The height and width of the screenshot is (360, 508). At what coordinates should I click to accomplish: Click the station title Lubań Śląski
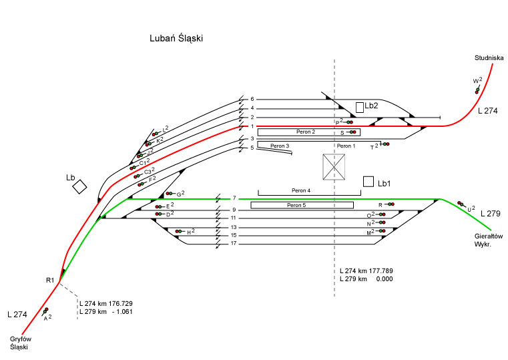[x=176, y=39]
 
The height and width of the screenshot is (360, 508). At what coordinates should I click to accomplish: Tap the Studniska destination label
[x=488, y=58]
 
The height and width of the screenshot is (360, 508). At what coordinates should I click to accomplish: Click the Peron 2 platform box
[x=308, y=132]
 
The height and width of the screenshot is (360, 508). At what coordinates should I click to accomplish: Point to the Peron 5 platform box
[x=302, y=205]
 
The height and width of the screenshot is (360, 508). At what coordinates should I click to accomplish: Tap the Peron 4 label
[x=300, y=190]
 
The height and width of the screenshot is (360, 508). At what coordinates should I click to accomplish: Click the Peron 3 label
[x=279, y=146]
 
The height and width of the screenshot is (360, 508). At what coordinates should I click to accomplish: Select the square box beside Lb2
[x=359, y=107]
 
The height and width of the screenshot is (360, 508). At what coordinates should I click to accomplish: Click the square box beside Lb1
[x=368, y=181]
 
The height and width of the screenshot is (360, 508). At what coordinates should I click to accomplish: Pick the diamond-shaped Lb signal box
[x=79, y=186]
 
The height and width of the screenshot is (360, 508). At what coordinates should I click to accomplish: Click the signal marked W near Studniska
[x=477, y=89]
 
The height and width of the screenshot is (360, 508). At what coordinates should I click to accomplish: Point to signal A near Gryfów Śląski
[x=45, y=311]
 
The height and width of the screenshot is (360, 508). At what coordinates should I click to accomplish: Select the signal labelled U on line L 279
[x=461, y=204]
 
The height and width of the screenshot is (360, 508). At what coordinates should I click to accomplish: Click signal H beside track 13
[x=178, y=232]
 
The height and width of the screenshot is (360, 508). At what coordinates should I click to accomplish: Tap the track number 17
[x=234, y=243]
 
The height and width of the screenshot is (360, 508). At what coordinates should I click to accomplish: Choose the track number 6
[x=252, y=99]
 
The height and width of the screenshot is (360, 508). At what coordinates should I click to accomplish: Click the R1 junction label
[x=50, y=279]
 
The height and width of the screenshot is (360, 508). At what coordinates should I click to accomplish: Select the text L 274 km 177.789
[x=366, y=271]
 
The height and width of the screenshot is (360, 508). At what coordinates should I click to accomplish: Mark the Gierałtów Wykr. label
[x=487, y=240]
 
